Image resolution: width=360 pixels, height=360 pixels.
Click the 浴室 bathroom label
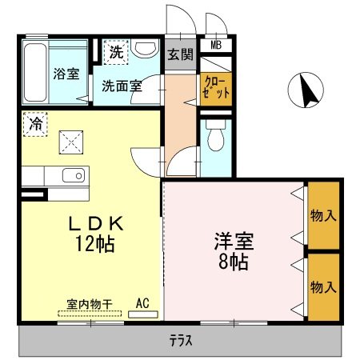[x=66, y=74]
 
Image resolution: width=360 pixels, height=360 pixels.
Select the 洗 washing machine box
[x=117, y=53]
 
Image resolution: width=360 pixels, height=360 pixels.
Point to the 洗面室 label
[x=122, y=86]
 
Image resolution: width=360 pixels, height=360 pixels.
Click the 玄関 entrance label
[x=180, y=55]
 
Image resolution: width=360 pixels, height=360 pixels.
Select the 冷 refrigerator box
[x=36, y=124]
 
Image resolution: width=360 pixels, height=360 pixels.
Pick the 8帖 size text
[x=232, y=262]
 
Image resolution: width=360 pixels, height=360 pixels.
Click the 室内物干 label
[x=89, y=304]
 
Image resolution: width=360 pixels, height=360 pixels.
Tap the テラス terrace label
[x=180, y=340]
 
